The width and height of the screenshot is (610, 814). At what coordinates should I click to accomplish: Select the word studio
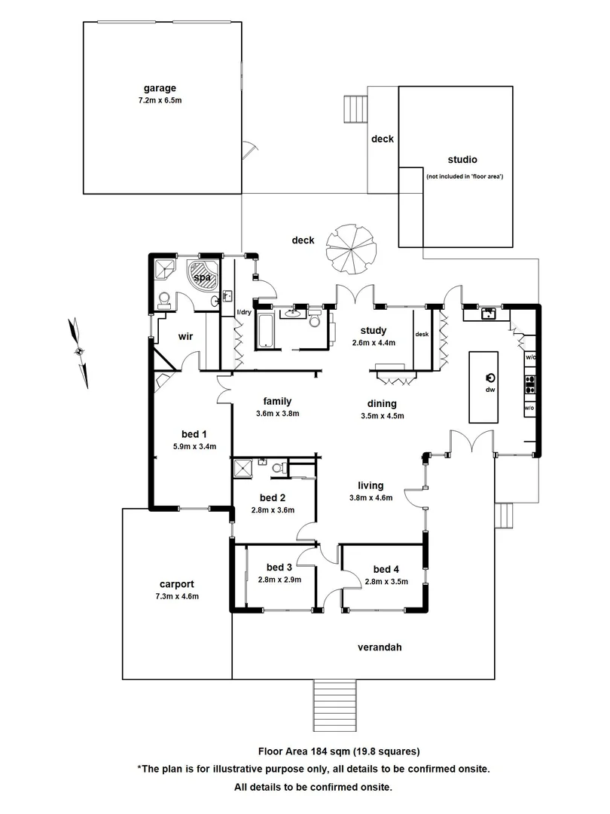pyautogui.click(x=462, y=160)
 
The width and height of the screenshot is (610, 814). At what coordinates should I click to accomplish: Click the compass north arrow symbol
pyautogui.click(x=78, y=351)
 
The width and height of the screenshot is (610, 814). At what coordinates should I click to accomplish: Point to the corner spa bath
pyautogui.click(x=203, y=277)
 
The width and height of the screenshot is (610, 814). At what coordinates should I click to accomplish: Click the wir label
pyautogui.click(x=186, y=337)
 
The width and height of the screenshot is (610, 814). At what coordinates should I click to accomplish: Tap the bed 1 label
pyautogui.click(x=194, y=434)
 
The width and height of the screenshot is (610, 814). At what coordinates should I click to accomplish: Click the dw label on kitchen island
pyautogui.click(x=490, y=390)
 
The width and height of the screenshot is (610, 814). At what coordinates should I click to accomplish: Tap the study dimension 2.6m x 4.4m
pyautogui.click(x=373, y=342)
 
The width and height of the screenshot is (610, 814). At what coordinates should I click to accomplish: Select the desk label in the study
pyautogui.click(x=422, y=335)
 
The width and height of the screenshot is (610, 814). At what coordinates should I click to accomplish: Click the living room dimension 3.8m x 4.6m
pyautogui.click(x=371, y=497)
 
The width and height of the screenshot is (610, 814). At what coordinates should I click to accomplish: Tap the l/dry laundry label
pyautogui.click(x=244, y=312)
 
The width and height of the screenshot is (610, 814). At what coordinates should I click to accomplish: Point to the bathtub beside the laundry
pyautogui.click(x=267, y=332)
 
